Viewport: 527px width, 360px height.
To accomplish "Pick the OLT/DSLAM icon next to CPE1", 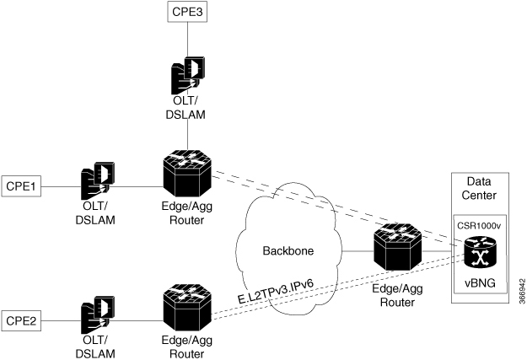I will pos(98,184).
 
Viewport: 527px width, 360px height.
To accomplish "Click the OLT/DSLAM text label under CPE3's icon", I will pos(187,116).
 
